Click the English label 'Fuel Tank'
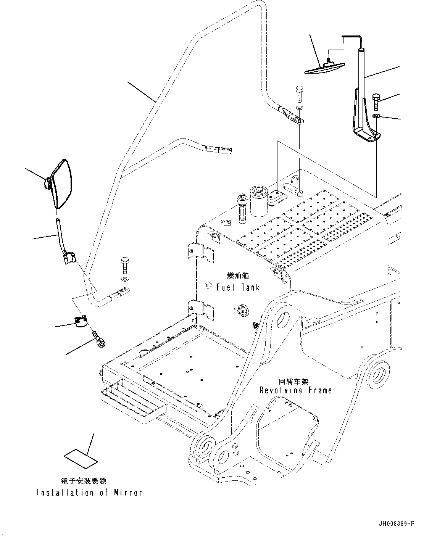pos(238,287)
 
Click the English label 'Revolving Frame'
pos(296,390)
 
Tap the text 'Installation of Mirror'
pos(89,493)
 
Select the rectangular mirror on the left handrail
pos(62,184)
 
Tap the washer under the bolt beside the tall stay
pos(376,116)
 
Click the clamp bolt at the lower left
pos(99,340)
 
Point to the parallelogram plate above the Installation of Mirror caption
pos(81,458)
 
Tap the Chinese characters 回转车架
pos(293,381)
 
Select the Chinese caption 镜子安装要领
pos(83,481)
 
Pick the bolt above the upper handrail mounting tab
pos(299,93)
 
